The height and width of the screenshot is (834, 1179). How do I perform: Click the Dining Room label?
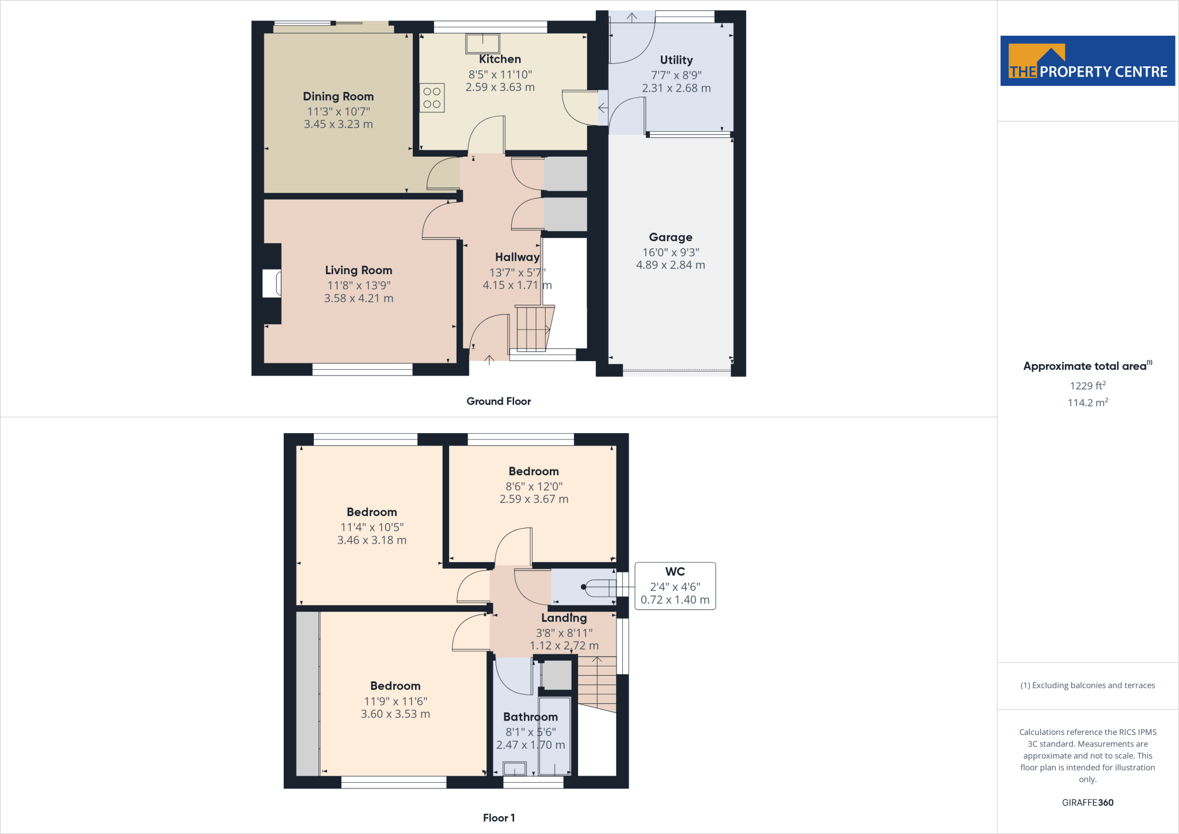[338, 97]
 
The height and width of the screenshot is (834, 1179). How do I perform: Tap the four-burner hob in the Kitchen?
[432, 98]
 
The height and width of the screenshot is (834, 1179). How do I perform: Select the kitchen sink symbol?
[482, 43]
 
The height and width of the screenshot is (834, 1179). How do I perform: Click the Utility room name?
[676, 60]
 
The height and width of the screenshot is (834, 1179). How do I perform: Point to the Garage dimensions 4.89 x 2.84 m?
[670, 265]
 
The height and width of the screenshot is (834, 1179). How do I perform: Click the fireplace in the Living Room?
[272, 283]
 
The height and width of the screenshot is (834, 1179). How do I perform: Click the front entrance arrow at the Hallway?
[489, 361]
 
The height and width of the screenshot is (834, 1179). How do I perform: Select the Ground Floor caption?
[499, 401]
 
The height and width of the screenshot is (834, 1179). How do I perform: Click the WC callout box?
[675, 586]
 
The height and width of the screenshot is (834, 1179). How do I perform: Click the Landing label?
[564, 618]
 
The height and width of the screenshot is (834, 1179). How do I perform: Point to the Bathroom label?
[530, 717]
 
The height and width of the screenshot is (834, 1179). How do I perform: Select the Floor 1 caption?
[499, 818]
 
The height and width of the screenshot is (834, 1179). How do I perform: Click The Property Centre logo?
[1087, 61]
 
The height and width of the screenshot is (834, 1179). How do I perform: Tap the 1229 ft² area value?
[1087, 386]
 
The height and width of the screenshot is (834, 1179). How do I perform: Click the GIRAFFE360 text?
[1087, 802]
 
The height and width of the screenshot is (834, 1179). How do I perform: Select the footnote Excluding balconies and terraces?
[1087, 685]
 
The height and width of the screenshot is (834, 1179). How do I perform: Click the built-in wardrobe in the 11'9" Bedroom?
[307, 693]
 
